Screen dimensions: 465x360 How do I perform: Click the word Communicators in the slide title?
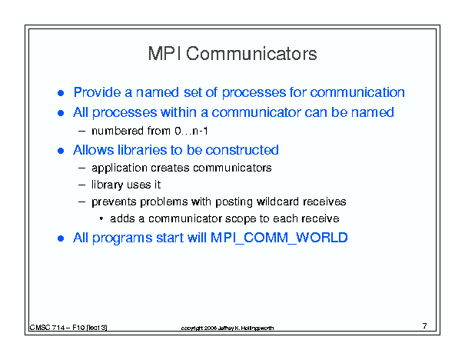click(251, 54)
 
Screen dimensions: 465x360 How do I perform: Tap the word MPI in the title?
click(164, 54)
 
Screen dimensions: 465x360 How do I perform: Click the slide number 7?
click(425, 326)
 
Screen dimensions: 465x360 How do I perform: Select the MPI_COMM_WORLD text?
click(279, 238)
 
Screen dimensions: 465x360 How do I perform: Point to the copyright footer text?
click(228, 328)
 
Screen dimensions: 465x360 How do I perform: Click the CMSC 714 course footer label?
click(68, 328)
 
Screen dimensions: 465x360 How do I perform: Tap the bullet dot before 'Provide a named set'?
click(61, 94)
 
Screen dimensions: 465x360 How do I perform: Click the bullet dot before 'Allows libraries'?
click(61, 151)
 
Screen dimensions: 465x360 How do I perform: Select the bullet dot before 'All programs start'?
click(61, 238)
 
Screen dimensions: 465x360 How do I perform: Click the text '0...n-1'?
click(191, 131)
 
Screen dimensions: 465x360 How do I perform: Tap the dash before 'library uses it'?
click(81, 185)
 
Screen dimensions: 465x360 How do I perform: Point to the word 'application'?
click(119, 168)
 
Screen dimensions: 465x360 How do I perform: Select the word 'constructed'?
click(242, 150)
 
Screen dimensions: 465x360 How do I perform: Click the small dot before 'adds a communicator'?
click(101, 219)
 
